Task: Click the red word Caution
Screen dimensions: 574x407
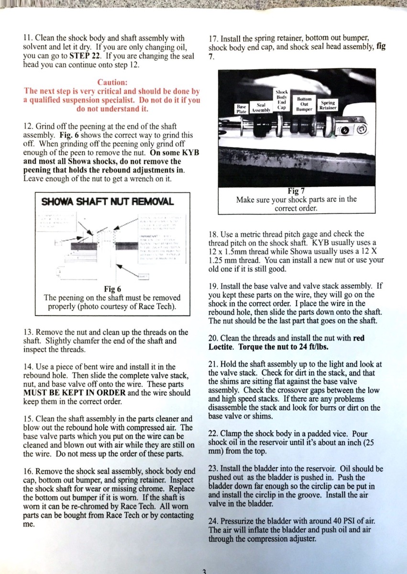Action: (x=112, y=82)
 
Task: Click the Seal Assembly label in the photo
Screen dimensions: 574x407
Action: (x=261, y=106)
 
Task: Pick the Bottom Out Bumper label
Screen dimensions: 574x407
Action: (x=305, y=104)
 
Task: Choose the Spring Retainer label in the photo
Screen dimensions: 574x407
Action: (x=328, y=105)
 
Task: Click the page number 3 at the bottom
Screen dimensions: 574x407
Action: (x=204, y=571)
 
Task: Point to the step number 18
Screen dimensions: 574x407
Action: (x=213, y=234)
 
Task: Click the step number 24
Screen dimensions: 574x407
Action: (x=213, y=520)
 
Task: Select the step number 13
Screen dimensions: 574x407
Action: (x=28, y=332)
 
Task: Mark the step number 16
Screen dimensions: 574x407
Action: (x=28, y=471)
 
